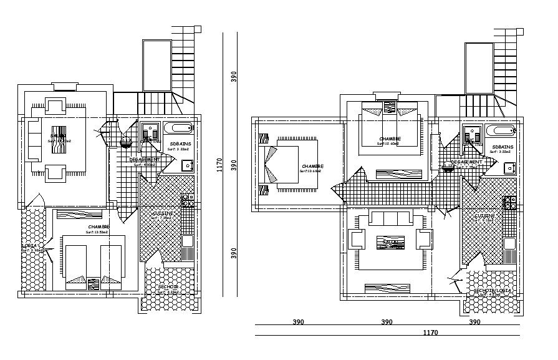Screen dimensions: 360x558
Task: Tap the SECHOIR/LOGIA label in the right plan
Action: pyautogui.click(x=493, y=291)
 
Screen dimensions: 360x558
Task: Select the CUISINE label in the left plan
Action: pyautogui.click(x=163, y=213)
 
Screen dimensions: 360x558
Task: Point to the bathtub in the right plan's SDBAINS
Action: pyautogui.click(x=500, y=131)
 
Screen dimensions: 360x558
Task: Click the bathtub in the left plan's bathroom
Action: pyautogui.click(x=178, y=129)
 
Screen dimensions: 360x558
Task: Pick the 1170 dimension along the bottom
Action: pyautogui.click(x=430, y=333)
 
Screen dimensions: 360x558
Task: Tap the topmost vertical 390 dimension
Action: pyautogui.click(x=234, y=76)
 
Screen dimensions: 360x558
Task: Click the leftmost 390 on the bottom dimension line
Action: pyautogui.click(x=299, y=323)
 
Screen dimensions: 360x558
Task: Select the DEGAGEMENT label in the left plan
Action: pyautogui.click(x=145, y=160)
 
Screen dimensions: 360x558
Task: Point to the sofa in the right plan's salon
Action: pyautogui.click(x=390, y=218)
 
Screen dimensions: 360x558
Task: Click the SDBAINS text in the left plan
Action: pyautogui.click(x=180, y=144)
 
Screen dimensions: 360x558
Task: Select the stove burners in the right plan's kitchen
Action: pyautogui.click(x=509, y=203)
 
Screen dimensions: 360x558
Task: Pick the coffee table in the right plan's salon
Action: pyautogui.click(x=390, y=243)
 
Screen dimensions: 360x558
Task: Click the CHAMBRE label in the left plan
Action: pyautogui.click(x=99, y=227)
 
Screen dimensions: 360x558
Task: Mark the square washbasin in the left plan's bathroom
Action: pyautogui.click(x=186, y=165)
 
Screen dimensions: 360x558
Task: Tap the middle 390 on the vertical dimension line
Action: pyautogui.click(x=234, y=165)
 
